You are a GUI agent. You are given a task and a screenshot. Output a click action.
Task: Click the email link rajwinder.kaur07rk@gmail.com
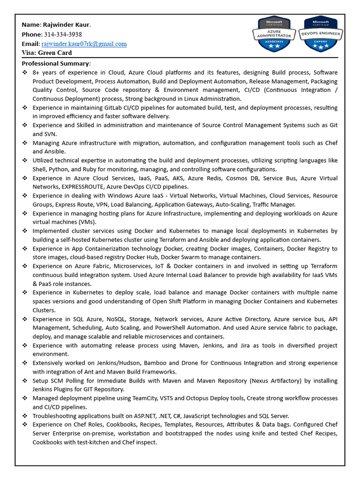(84, 44)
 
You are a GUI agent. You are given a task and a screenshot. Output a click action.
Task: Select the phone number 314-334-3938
(63, 34)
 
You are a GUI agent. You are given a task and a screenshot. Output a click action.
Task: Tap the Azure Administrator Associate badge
(271, 34)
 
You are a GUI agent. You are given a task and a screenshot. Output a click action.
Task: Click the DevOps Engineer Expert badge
(320, 34)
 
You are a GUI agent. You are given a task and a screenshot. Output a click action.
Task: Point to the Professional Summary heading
(56, 63)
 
